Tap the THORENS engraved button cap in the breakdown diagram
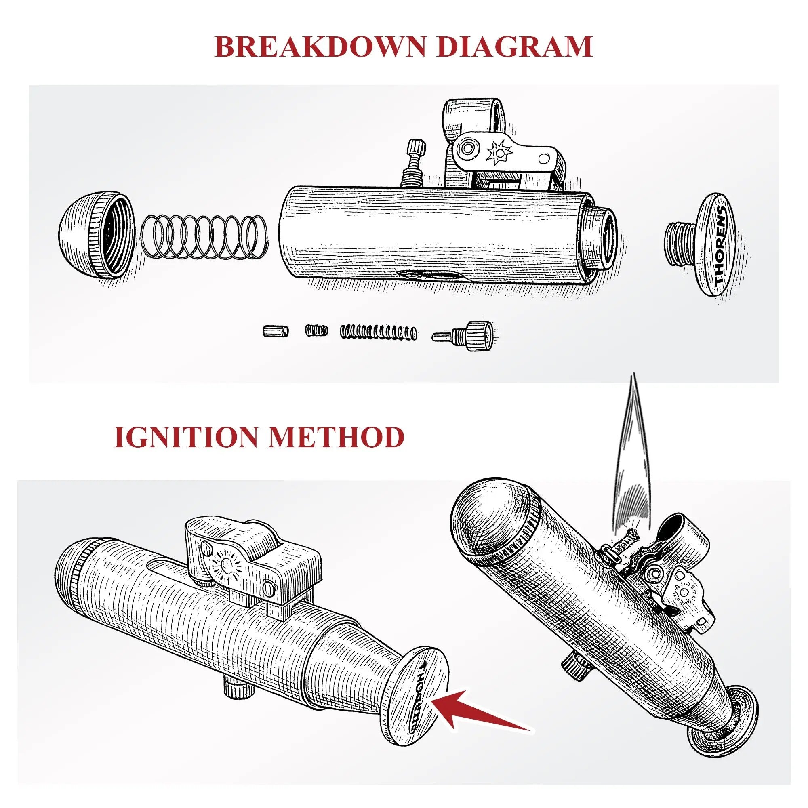pos(716,250)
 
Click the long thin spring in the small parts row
pos(379,331)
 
